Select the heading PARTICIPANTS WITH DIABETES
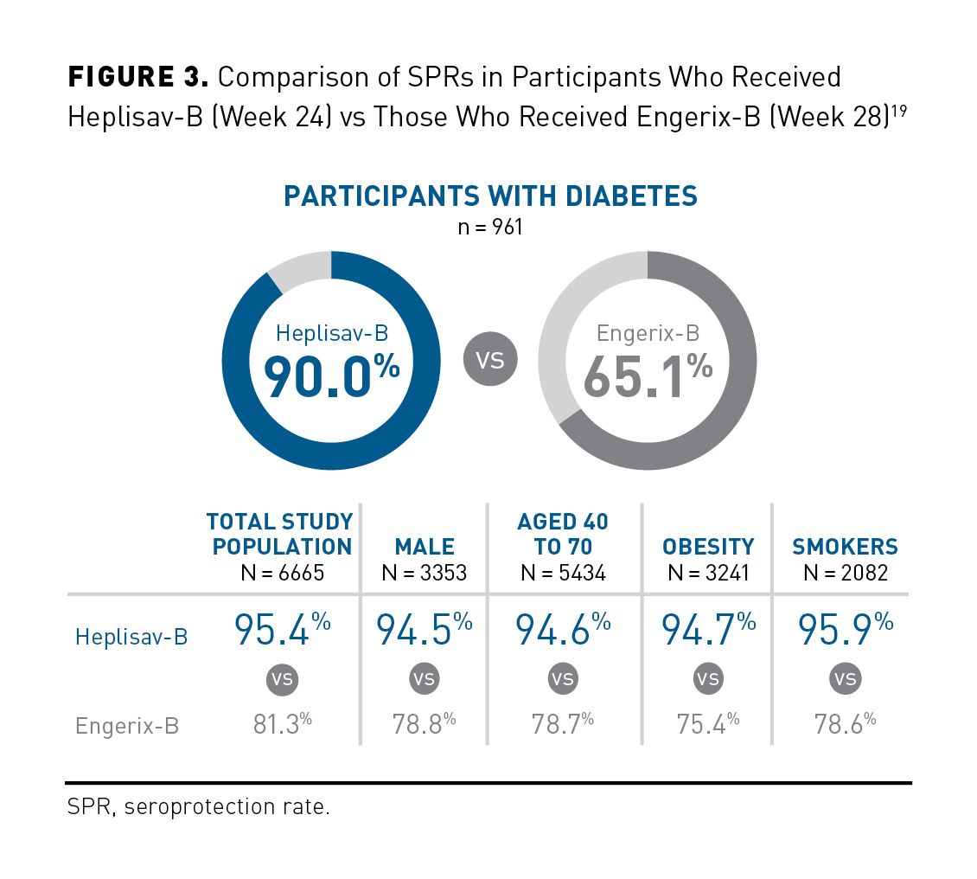click(x=490, y=196)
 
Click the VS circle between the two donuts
click(x=490, y=359)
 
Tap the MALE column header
click(x=424, y=547)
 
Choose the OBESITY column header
click(x=708, y=547)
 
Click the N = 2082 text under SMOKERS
click(x=845, y=573)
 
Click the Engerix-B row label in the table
click(x=127, y=725)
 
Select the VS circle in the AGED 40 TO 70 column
click(x=563, y=679)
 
